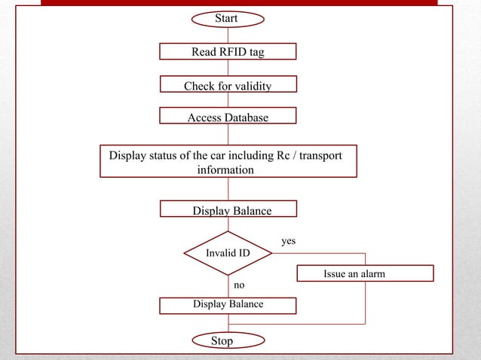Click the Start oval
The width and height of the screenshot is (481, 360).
[x=227, y=17]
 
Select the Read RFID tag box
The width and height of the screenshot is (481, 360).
[x=228, y=51]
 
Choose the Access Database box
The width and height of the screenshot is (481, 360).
[x=228, y=117]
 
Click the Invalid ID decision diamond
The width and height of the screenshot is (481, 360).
[x=228, y=253]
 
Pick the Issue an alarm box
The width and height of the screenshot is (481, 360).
[x=366, y=273]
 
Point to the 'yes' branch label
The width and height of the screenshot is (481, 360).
[x=288, y=241]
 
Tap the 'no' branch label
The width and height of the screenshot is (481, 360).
[x=239, y=285]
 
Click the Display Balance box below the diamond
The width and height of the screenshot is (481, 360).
[x=228, y=304]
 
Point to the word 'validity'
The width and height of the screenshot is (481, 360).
[x=253, y=86]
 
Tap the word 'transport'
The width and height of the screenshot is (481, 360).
[x=319, y=156]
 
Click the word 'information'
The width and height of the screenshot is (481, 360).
[x=225, y=170]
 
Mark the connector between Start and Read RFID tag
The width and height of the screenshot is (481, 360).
[x=228, y=34]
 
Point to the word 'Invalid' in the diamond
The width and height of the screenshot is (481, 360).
[x=219, y=253]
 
